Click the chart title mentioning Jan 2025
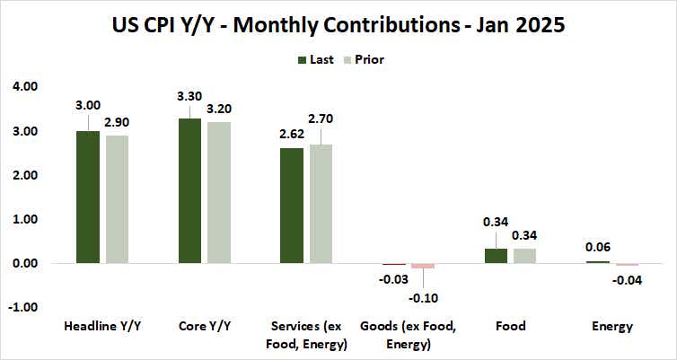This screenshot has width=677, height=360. (338, 24)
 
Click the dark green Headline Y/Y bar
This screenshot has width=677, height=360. (87, 197)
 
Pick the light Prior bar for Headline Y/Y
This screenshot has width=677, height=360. (117, 199)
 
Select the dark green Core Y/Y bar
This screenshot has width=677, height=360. (189, 190)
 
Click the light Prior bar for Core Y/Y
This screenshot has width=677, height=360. (219, 192)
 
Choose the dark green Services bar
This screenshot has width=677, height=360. (292, 206)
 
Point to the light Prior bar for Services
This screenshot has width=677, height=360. (321, 204)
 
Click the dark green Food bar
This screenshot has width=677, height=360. (497, 256)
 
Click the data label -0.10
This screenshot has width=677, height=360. (423, 298)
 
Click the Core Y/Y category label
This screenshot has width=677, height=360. (205, 327)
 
